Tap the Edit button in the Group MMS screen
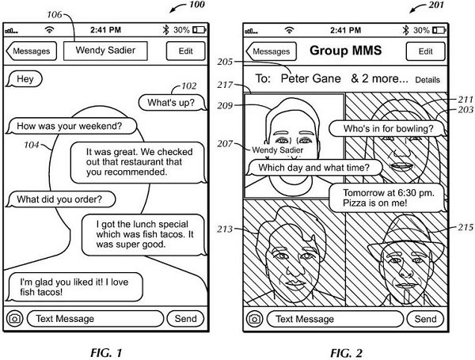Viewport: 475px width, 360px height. tap(425, 51)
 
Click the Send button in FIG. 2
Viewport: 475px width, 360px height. tap(425, 319)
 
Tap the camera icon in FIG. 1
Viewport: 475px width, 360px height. tap(14, 319)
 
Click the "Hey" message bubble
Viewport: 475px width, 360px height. tap(25, 78)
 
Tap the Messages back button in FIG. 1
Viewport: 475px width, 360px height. tap(31, 51)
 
